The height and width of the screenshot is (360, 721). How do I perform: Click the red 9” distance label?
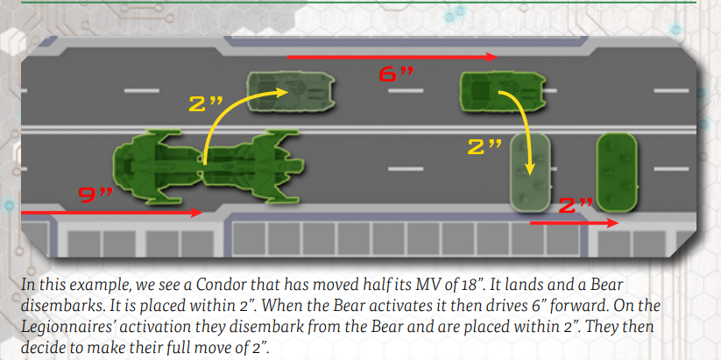click(x=95, y=195)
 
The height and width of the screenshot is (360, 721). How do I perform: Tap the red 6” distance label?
click(x=396, y=74)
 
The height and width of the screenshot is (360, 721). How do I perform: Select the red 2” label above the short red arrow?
click(x=576, y=206)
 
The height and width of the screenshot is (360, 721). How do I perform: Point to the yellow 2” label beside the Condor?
click(x=205, y=104)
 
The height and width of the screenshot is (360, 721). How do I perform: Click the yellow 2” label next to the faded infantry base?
click(x=484, y=147)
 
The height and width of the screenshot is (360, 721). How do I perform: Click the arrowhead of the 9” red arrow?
click(x=197, y=213)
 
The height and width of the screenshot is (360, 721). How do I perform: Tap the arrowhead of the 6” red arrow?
click(x=492, y=57)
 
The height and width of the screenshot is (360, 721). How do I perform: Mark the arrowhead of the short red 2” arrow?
click(x=613, y=223)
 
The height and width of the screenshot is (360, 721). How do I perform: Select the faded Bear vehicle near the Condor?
click(x=290, y=91)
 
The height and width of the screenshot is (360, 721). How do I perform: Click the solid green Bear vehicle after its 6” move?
click(x=503, y=91)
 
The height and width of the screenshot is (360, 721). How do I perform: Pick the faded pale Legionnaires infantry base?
click(x=531, y=173)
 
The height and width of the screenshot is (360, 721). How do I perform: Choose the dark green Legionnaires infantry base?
click(x=617, y=173)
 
